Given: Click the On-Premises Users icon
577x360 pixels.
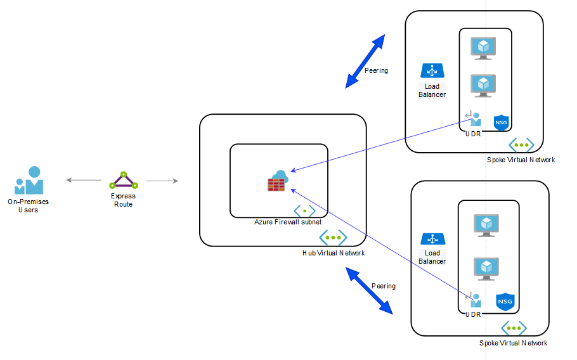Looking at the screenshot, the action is tap(29, 180).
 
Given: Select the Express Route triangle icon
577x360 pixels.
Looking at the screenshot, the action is tap(124, 180).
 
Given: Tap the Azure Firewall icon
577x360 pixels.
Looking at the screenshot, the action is tap(278, 181).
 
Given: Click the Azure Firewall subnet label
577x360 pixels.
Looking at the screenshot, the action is tap(288, 222).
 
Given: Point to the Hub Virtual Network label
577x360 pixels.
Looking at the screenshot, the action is tap(334, 253).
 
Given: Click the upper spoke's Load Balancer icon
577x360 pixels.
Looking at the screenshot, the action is tap(432, 70).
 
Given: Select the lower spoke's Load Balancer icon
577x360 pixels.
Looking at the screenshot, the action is tap(432, 239).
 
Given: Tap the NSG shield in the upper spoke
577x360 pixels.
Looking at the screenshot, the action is tap(501, 123).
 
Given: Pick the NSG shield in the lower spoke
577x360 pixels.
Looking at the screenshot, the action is tap(505, 302).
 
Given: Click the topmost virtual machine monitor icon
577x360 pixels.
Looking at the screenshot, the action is tap(483, 48).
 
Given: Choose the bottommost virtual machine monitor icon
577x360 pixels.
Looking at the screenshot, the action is tap(486, 269).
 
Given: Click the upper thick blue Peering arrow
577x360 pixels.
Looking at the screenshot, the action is tap(365, 61).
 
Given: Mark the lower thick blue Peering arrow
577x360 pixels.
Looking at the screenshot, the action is tap(369, 291).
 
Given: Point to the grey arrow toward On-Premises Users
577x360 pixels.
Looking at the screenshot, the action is tap(84, 180).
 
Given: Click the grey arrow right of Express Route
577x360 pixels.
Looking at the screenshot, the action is tap(162, 181).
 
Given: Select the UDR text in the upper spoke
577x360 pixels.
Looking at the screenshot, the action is tap(473, 134).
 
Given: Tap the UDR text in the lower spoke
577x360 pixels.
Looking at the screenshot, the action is tap(473, 315).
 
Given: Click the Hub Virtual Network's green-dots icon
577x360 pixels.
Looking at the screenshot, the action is tap(333, 238).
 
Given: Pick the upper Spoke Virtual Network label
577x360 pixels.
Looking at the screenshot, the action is tap(521, 160).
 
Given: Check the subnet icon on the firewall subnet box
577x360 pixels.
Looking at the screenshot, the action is tap(305, 211).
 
